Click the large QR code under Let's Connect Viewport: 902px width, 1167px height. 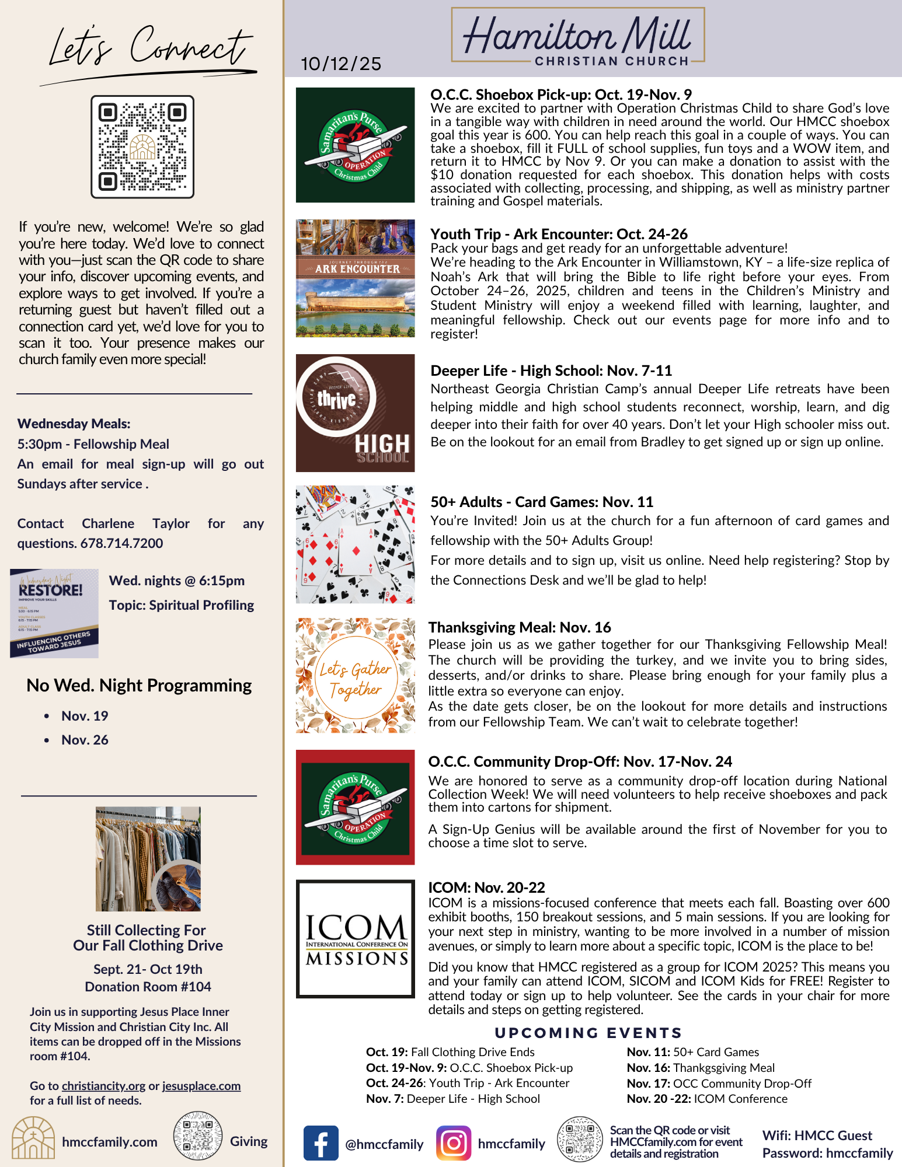tap(142, 147)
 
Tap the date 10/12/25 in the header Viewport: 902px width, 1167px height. tap(341, 64)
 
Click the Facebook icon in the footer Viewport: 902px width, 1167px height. tap(321, 1143)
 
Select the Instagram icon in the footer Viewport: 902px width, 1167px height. tap(454, 1143)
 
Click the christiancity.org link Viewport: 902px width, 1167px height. tap(103, 1086)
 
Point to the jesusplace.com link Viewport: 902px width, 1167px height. tap(201, 1086)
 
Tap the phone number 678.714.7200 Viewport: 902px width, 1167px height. tap(121, 543)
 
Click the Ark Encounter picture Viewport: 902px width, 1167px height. tap(355, 278)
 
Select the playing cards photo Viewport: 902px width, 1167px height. tap(355, 544)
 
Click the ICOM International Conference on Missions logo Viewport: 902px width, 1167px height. tap(355, 939)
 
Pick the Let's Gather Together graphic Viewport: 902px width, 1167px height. tap(355, 676)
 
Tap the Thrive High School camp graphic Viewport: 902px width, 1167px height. tap(355, 413)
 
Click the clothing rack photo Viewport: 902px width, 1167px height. tap(148, 859)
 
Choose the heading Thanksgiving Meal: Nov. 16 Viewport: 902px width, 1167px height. tap(520, 627)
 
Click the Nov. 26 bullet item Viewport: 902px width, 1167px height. tap(85, 740)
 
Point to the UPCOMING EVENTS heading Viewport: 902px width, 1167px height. tap(588, 1033)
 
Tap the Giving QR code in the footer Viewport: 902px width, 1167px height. tap(198, 1135)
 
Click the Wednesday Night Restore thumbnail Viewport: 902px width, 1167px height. tap(54, 613)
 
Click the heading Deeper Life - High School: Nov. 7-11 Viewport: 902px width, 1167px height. tap(551, 371)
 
